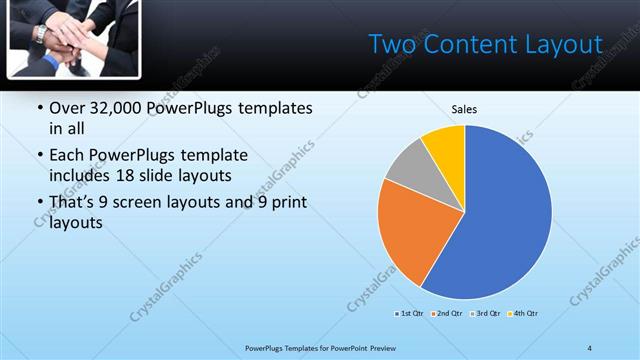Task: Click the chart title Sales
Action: pyautogui.click(x=464, y=109)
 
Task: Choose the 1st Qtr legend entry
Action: pyautogui.click(x=407, y=314)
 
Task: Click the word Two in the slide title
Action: pyautogui.click(x=391, y=44)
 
